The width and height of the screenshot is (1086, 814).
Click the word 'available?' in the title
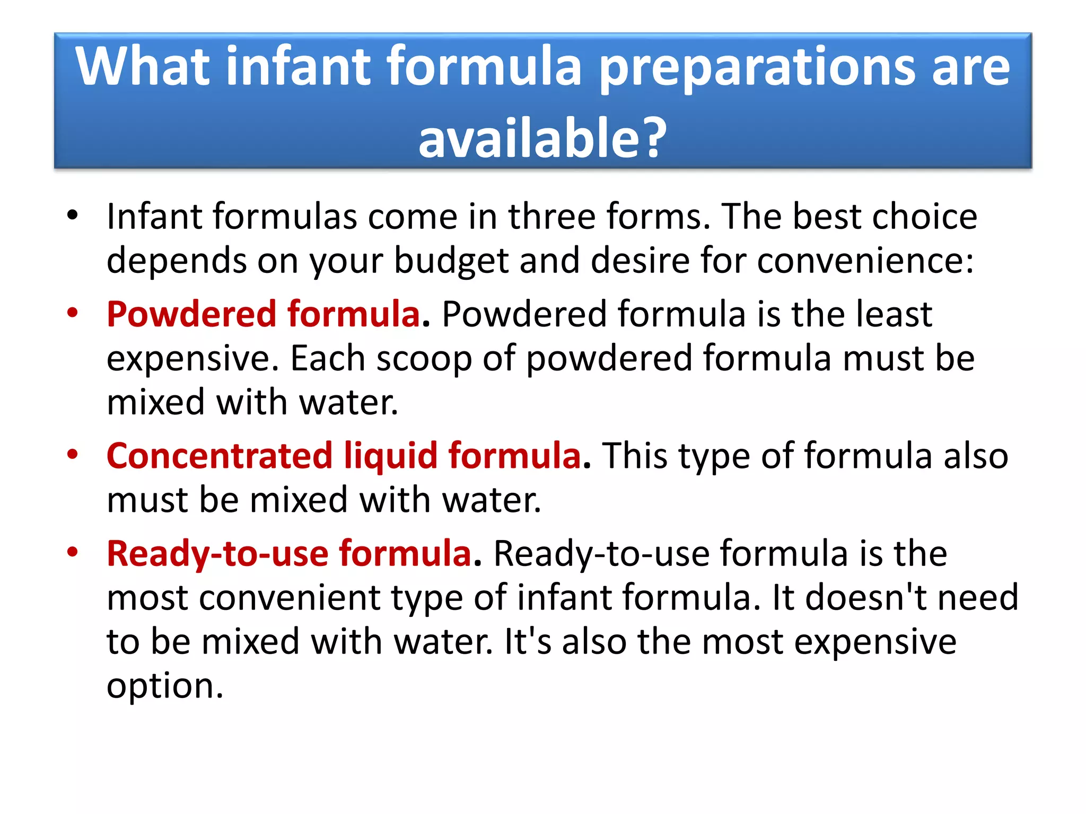(542, 138)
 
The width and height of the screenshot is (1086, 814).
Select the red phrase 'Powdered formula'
(264, 314)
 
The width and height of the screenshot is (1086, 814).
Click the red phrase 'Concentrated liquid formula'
(344, 456)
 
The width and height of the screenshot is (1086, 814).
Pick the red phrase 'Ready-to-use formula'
(289, 553)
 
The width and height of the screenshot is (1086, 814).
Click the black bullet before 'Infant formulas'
(73, 215)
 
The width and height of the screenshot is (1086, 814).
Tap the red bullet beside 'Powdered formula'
(73, 313)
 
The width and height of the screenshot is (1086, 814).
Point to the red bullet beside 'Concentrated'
(73, 455)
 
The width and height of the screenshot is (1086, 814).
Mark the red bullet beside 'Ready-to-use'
(73, 552)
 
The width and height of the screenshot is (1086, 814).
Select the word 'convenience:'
(865, 261)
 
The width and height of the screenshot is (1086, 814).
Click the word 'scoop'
(424, 359)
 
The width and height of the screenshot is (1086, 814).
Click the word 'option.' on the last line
(165, 687)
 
